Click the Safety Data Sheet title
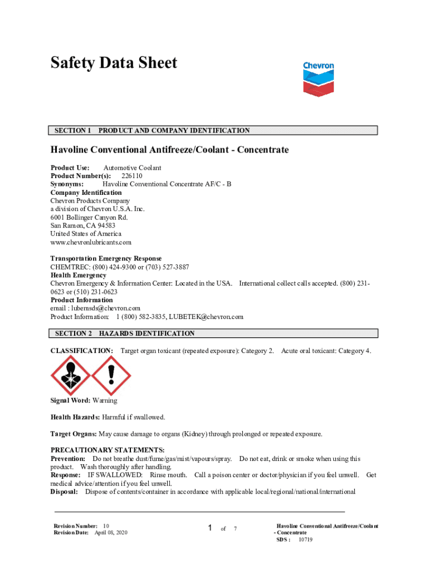pyautogui.click(x=114, y=63)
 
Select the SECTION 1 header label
pyautogui.click(x=73, y=131)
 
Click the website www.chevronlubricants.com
pyautogui.click(x=91, y=242)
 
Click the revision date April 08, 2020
pyautogui.click(x=111, y=533)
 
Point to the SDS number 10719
pyautogui.click(x=305, y=539)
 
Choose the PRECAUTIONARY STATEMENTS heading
pyautogui.click(x=108, y=450)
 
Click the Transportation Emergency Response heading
pyautogui.click(x=106, y=258)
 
